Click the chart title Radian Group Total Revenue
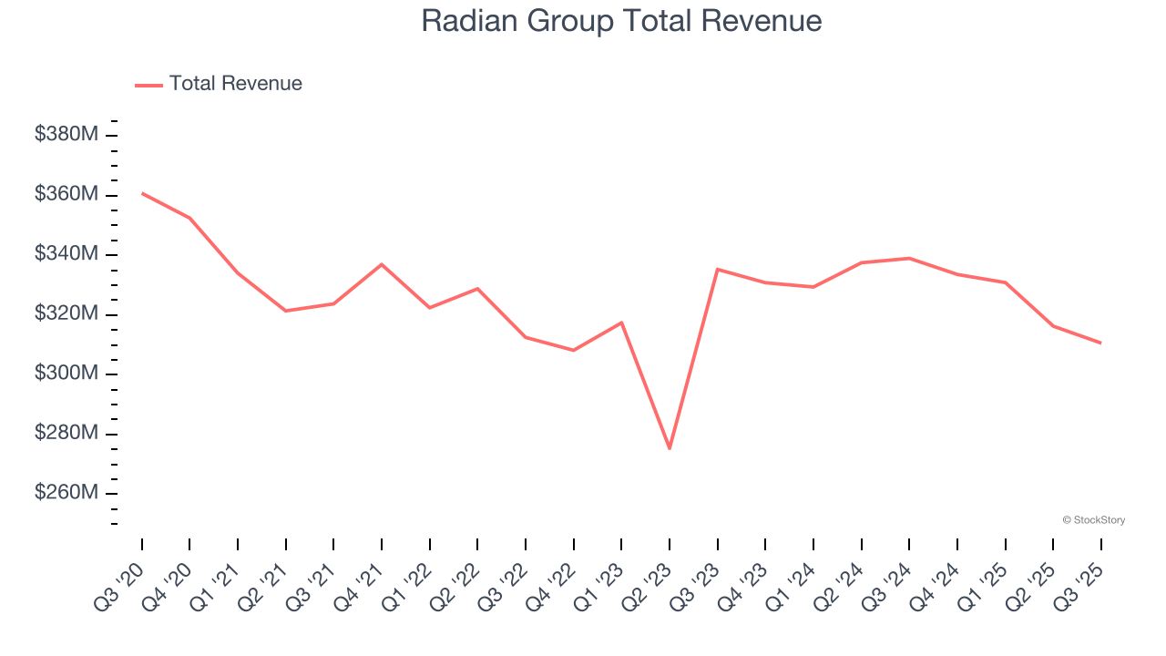pyautogui.click(x=621, y=21)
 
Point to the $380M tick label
pyautogui.click(x=66, y=135)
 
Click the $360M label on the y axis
pyautogui.click(x=66, y=194)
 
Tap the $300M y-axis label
pyautogui.click(x=66, y=374)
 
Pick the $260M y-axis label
pyautogui.click(x=66, y=493)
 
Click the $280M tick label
pyautogui.click(x=66, y=433)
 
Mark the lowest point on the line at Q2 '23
pyautogui.click(x=670, y=448)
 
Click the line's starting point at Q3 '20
pyautogui.click(x=142, y=193)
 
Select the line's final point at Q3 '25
pyautogui.click(x=1100, y=343)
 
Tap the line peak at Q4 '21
pyautogui.click(x=382, y=264)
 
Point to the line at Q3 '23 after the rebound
pyautogui.click(x=718, y=269)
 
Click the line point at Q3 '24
pyautogui.click(x=909, y=258)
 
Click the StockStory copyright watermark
pyautogui.click(x=1093, y=520)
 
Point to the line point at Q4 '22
pyautogui.click(x=574, y=350)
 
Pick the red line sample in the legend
pyautogui.click(x=148, y=85)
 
